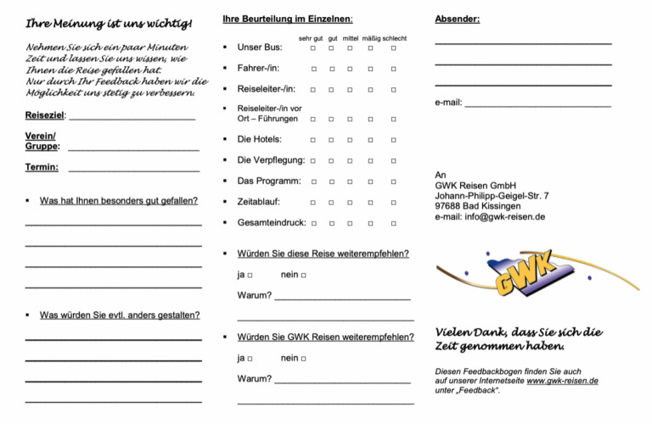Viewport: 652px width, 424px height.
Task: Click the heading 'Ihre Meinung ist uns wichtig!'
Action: click(x=109, y=21)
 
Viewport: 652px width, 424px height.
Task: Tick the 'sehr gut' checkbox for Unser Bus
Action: click(x=313, y=47)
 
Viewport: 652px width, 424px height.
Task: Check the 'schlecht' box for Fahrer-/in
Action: click(x=393, y=69)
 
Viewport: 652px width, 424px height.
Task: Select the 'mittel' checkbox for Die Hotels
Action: click(x=350, y=140)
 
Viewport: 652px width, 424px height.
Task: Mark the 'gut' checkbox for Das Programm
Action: click(x=332, y=181)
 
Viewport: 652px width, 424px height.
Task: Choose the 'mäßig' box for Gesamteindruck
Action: click(x=370, y=224)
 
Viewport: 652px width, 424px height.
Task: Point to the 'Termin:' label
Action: click(x=42, y=167)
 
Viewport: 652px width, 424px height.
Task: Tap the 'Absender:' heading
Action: click(x=457, y=18)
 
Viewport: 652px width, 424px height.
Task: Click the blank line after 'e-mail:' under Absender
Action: click(x=538, y=105)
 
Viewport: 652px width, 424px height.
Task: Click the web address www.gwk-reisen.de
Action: click(x=562, y=381)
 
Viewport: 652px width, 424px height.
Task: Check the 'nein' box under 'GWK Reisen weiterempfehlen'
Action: click(x=303, y=360)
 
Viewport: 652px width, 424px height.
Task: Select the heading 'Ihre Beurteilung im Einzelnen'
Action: click(x=288, y=18)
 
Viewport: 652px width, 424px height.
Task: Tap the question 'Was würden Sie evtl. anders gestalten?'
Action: click(x=120, y=315)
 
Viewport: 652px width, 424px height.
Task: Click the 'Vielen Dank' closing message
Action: click(x=519, y=338)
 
